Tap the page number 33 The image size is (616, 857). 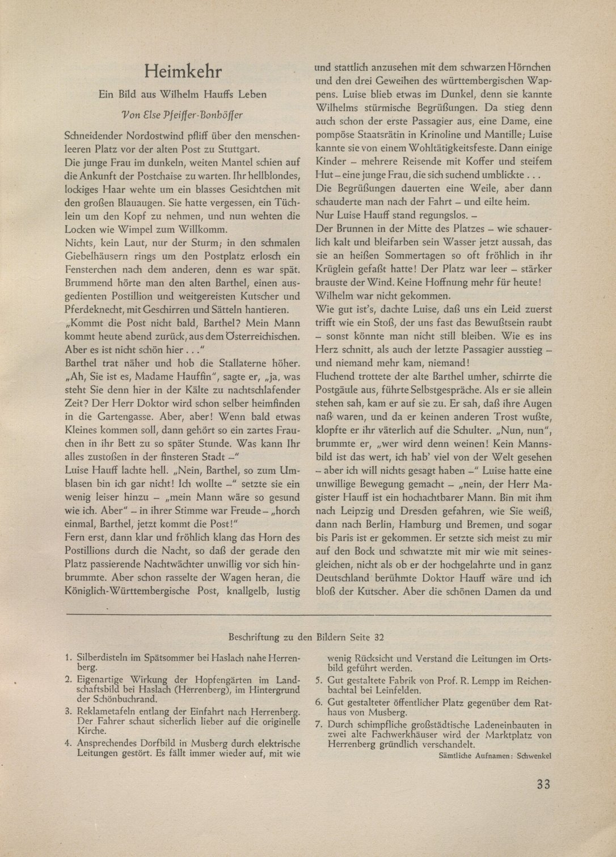tap(543, 784)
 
